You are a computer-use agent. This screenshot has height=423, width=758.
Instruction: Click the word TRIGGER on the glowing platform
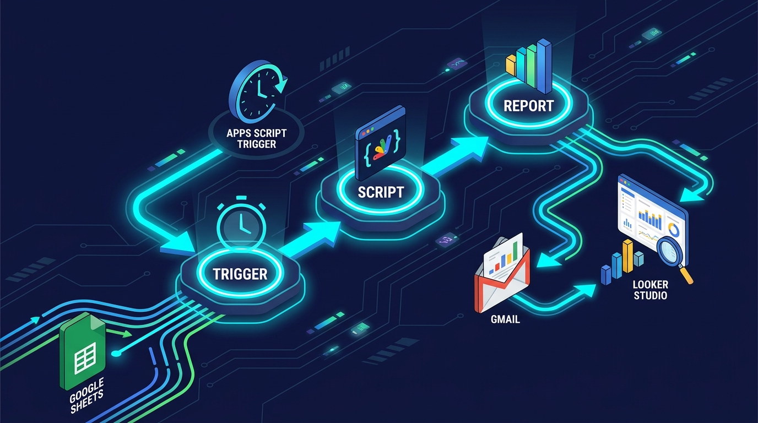point(240,274)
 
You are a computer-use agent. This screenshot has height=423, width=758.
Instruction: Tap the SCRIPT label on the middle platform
point(381,192)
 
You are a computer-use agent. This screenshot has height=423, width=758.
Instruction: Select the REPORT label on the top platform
point(529,106)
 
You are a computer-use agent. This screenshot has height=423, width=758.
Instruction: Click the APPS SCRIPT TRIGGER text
point(257,138)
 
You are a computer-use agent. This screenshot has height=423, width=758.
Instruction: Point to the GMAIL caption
point(505,319)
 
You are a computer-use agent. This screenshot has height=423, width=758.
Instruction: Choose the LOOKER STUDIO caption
point(651,290)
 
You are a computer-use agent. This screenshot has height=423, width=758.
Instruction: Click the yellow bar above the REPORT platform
point(510,66)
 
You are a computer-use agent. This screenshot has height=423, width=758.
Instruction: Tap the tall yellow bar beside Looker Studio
point(628,256)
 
